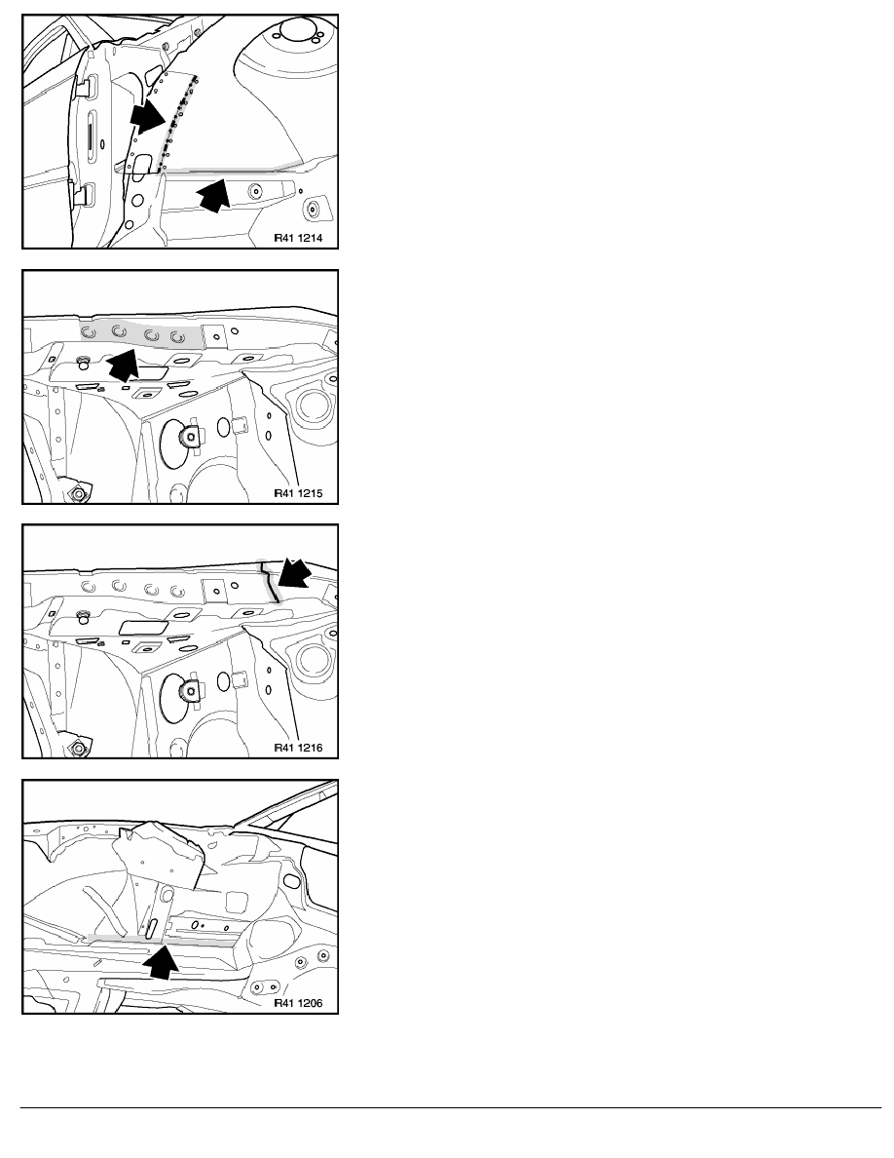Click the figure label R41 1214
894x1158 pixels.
[298, 239]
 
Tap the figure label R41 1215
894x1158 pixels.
[298, 493]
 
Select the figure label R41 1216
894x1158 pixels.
[298, 748]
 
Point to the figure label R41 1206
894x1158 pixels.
[298, 1003]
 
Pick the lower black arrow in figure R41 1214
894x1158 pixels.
[213, 195]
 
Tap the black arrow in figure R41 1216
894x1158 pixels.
[294, 574]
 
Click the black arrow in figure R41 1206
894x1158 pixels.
[162, 961]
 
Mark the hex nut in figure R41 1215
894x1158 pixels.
[78, 494]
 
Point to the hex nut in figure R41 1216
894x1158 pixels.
[78, 749]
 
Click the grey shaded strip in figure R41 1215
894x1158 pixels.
[140, 334]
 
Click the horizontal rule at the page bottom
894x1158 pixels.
[451, 1107]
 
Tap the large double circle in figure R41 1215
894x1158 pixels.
[313, 404]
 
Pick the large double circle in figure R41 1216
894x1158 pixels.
[313, 659]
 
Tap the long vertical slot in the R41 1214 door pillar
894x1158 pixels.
[89, 137]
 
